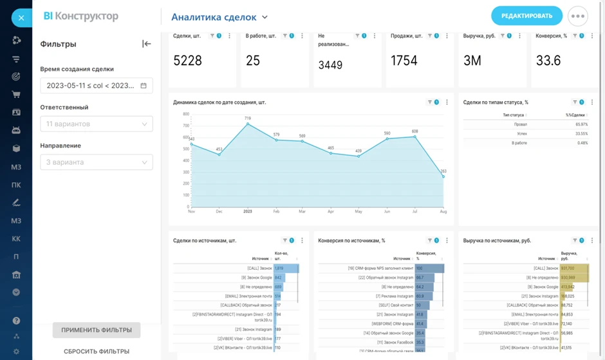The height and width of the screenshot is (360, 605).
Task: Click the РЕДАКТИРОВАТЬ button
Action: pos(526,16)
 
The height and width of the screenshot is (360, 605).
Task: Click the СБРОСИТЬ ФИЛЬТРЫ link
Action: pos(97,351)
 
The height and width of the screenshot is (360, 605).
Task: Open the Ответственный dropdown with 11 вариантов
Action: pos(97,124)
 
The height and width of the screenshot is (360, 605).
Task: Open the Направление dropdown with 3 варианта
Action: pos(97,162)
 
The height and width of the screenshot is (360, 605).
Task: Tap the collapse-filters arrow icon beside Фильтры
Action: pos(147,44)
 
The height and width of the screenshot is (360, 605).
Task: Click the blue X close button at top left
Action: pos(21,17)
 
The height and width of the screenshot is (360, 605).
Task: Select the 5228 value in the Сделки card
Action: pos(188,61)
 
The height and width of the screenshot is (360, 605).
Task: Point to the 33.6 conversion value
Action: pos(548,61)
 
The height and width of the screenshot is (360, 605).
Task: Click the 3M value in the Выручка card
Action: pos(472,61)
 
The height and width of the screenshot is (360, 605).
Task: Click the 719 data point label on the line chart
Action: pos(248,118)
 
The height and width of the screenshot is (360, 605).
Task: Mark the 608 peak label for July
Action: pos(415,131)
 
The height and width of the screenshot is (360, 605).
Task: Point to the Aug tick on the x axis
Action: pos(443,211)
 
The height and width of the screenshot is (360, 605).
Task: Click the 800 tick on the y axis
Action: pos(186,114)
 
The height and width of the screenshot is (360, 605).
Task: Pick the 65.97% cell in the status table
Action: pos(581,124)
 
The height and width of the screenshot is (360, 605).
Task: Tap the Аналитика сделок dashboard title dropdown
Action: pos(219,17)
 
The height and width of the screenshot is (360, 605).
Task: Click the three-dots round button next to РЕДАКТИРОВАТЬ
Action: pos(578,16)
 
